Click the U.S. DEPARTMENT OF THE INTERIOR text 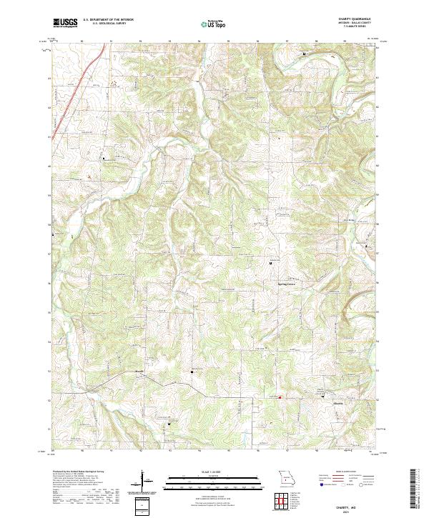point(108,19)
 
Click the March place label point(140,372)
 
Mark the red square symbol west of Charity point(280,397)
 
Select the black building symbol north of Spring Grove point(270,264)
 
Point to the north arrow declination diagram point(143,480)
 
